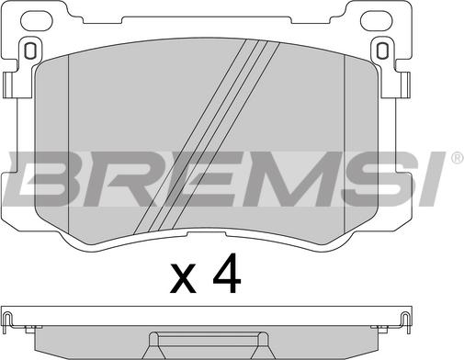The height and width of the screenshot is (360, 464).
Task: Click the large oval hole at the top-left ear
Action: pos(38,20)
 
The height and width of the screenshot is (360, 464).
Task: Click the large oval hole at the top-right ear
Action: pos(377,20)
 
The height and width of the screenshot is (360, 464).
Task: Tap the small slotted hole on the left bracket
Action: pos(30,50)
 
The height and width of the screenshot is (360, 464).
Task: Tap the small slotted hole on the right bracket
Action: pos(382,50)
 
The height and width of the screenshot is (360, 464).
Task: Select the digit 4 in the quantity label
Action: pos(227,273)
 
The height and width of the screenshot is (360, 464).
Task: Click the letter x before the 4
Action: pos(183,277)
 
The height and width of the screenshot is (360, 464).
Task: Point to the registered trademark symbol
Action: pos(458,158)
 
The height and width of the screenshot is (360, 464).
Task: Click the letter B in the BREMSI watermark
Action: pos(46,179)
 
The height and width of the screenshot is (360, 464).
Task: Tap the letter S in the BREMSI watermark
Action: pos(379,179)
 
